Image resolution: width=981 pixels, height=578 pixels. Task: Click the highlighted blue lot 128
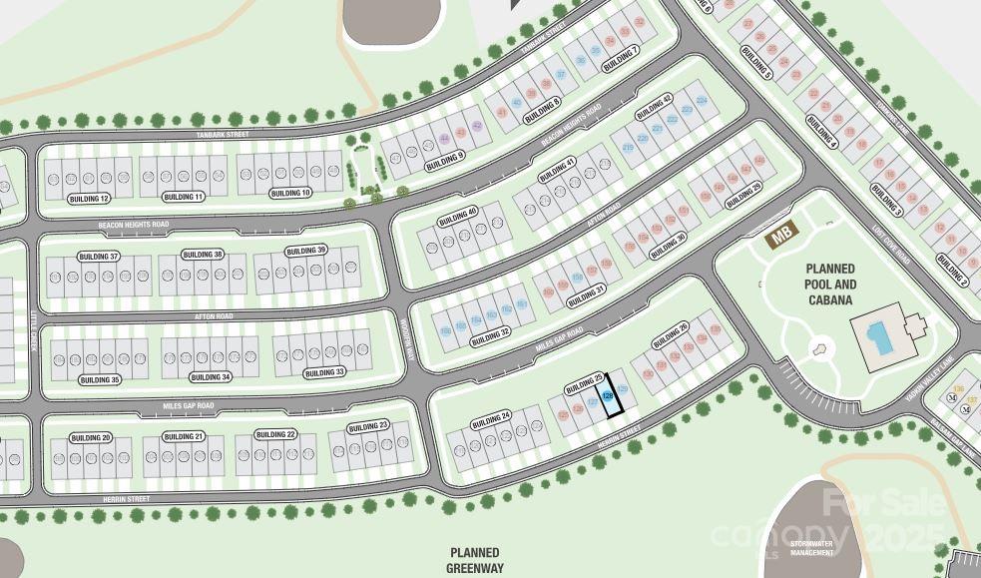[607, 395]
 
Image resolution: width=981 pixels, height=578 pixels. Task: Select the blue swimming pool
[878, 337]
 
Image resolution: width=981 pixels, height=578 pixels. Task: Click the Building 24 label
[492, 415]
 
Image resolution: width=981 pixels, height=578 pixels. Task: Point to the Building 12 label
[90, 199]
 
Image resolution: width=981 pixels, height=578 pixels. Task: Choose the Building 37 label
[100, 257]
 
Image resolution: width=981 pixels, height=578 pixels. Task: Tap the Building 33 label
[325, 372]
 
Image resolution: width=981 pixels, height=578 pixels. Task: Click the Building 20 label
[91, 437]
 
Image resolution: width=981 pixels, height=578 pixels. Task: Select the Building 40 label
[459, 216]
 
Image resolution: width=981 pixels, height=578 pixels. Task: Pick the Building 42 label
[654, 106]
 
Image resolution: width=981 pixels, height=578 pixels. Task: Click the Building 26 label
[670, 335]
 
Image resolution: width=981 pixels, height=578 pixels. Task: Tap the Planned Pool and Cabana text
[830, 284]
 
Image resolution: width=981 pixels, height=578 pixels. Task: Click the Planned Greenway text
[474, 560]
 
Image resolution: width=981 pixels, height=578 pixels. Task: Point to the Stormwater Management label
[811, 548]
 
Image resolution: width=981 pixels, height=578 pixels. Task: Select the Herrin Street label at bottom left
[126, 498]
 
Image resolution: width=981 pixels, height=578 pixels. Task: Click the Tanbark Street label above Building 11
[224, 134]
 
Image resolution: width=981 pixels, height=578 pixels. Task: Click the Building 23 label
[368, 427]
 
